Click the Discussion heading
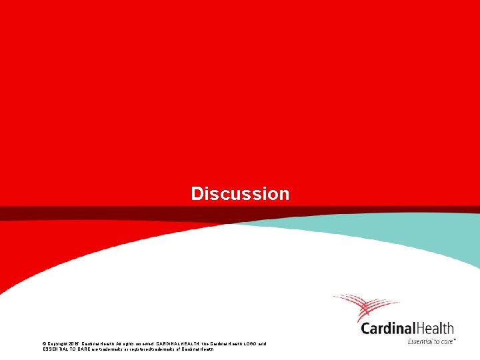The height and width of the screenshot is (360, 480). point(240,194)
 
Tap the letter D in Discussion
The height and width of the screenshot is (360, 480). point(197,194)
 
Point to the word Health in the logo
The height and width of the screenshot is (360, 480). point(435,328)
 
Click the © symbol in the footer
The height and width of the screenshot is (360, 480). point(44,344)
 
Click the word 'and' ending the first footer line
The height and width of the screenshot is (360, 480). point(262,344)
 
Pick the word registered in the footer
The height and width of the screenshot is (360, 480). point(146,349)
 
